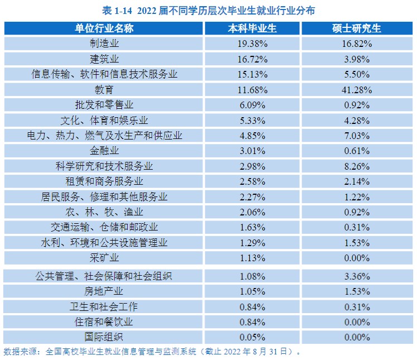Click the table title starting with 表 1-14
tap(208, 10)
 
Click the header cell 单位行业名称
tap(104, 28)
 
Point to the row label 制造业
tap(104, 44)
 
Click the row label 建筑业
tap(104, 59)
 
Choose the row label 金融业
tap(104, 151)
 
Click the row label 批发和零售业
tap(104, 105)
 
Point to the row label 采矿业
tap(104, 258)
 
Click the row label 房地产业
tap(104, 291)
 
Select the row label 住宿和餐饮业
tap(104, 322)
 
